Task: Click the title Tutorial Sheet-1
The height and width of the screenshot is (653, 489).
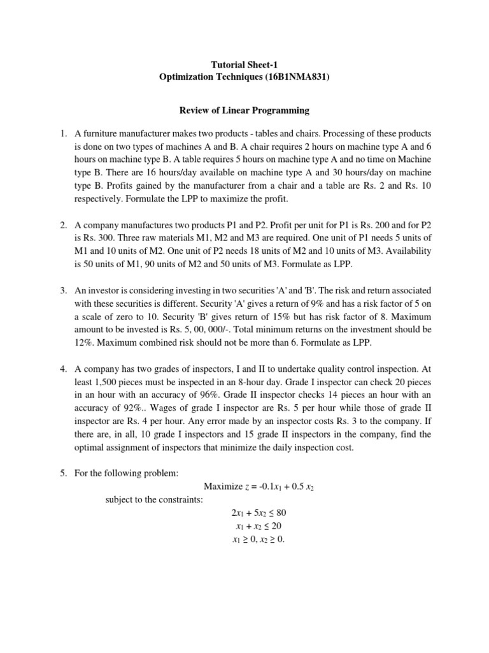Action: (244, 64)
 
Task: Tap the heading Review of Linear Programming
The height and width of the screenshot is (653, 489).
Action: (244, 110)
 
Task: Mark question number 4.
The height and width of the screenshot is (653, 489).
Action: (64, 368)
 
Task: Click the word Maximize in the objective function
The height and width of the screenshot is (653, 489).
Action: (223, 487)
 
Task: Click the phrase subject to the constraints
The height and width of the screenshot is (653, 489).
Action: (153, 499)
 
